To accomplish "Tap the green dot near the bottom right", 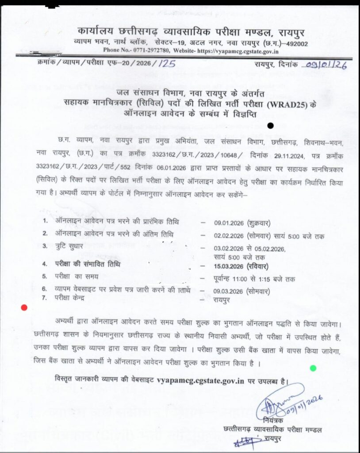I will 313,368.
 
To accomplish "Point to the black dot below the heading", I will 270,127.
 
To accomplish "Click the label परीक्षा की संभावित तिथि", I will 87,265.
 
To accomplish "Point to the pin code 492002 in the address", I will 295,44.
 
